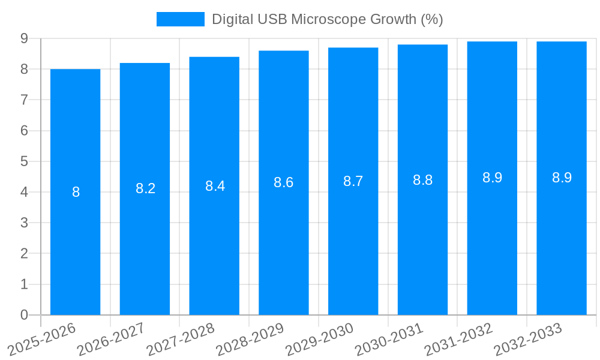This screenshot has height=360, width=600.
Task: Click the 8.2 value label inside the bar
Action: [x=145, y=188]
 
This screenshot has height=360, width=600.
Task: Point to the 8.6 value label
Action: [x=283, y=182]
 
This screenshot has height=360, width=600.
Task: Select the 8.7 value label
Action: [x=353, y=181]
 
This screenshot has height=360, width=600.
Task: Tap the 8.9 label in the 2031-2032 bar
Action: [x=492, y=178]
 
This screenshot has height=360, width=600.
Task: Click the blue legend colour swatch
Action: [x=180, y=19]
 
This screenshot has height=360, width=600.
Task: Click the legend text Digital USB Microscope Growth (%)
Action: [x=327, y=19]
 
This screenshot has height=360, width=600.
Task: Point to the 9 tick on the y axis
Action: [x=24, y=38]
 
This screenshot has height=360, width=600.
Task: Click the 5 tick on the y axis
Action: [x=24, y=161]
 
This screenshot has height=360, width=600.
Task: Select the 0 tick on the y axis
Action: [x=24, y=315]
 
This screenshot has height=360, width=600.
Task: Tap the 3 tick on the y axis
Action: [x=24, y=223]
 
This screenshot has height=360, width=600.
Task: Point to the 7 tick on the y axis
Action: [x=24, y=100]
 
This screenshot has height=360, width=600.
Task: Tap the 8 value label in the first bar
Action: [x=76, y=192]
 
